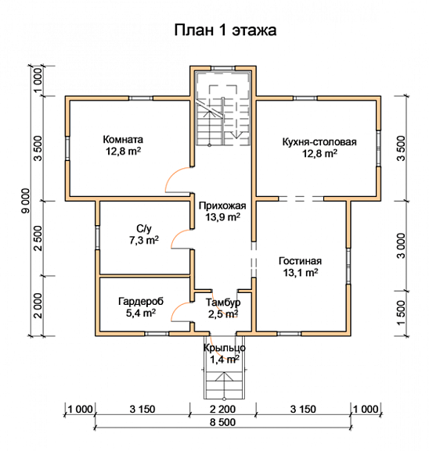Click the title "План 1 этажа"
(225, 30)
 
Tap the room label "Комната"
(123, 139)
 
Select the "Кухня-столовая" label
(319, 142)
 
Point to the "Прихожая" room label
(222, 206)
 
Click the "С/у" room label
(144, 229)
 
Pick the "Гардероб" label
(141, 302)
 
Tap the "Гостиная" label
(300, 261)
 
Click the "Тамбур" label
(223, 302)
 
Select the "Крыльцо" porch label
(225, 348)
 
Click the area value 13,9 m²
(222, 217)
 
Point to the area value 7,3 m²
(144, 240)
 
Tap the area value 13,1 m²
(301, 272)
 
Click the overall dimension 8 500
(222, 422)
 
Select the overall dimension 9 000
(26, 201)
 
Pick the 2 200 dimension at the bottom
(222, 409)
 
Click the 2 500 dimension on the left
(38, 238)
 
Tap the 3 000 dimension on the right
(401, 245)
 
